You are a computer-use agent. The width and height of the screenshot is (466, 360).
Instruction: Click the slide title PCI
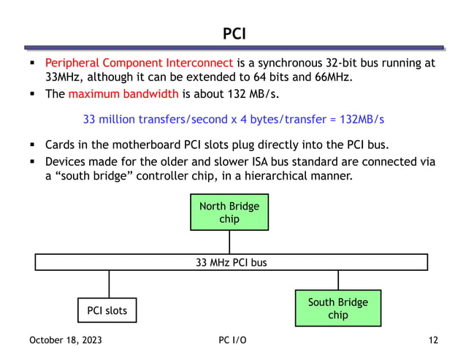coord(233,34)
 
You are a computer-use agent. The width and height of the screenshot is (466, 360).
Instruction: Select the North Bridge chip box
coord(229,212)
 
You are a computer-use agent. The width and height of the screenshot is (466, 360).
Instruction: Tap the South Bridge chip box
coord(337,308)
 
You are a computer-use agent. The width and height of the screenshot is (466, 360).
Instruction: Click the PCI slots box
coord(107,310)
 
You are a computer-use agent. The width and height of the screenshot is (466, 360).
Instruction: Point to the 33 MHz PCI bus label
coord(232,262)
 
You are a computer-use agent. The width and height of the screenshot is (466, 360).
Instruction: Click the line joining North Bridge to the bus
coord(229,242)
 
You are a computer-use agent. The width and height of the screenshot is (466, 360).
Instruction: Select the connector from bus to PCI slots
coord(109,283)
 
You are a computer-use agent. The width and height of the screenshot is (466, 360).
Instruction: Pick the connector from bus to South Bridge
coord(338,280)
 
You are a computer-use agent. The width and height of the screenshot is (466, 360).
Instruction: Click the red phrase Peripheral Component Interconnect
coord(139,63)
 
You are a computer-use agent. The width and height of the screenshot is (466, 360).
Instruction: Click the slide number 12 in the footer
coord(433,340)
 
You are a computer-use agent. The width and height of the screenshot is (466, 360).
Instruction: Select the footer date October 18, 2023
coord(66,340)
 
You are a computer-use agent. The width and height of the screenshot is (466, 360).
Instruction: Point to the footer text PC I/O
coord(232,340)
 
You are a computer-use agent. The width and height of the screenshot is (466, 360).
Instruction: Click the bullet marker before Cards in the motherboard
coord(34,145)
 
